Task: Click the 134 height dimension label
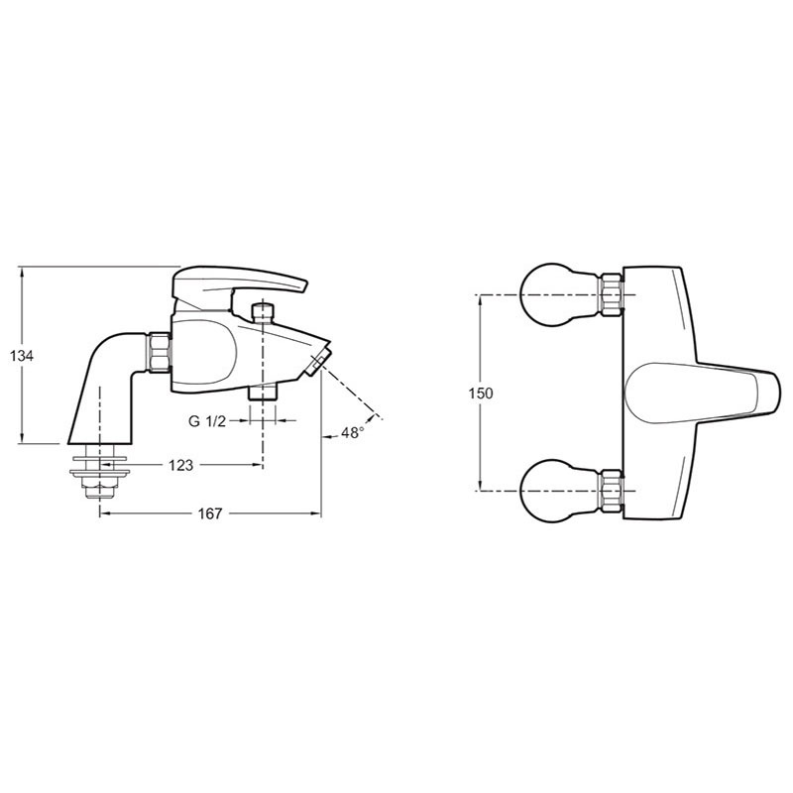click(22, 356)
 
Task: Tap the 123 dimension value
click(181, 465)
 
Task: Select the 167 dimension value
click(210, 513)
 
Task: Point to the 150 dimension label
click(481, 393)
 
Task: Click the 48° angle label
click(353, 433)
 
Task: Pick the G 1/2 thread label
click(207, 420)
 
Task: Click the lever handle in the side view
click(239, 283)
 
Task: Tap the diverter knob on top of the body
click(263, 312)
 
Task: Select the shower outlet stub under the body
click(263, 393)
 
